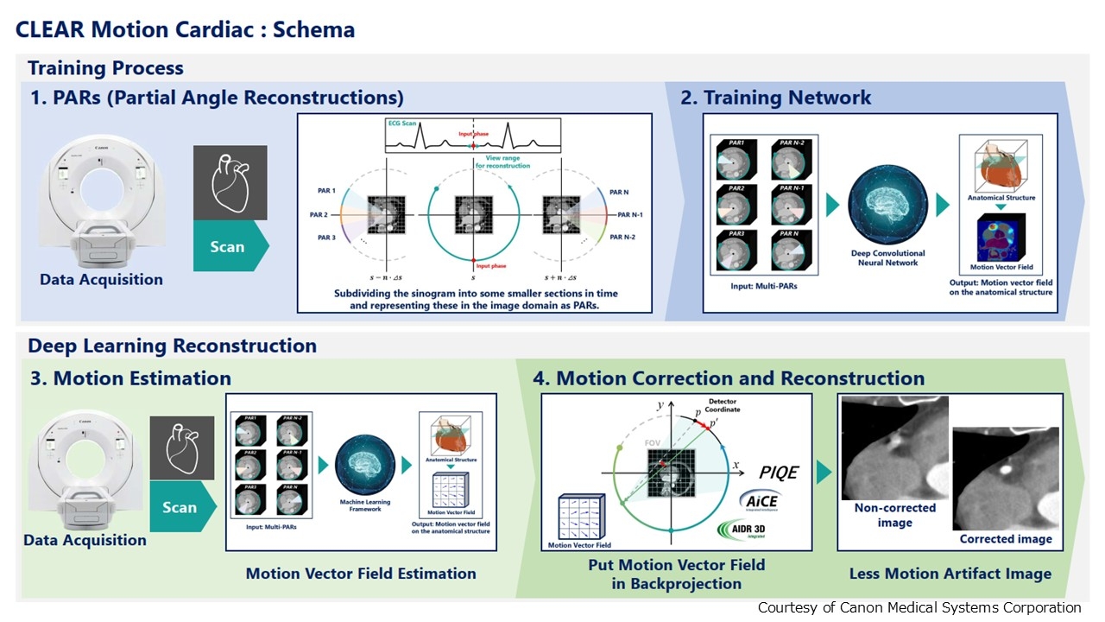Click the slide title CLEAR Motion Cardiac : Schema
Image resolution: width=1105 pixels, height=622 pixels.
click(x=185, y=29)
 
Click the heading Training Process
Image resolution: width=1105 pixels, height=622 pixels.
click(x=105, y=68)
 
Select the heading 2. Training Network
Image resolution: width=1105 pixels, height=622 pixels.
click(x=776, y=98)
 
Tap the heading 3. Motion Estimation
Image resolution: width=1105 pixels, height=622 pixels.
click(x=130, y=378)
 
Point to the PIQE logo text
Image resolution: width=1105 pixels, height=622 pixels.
click(x=779, y=473)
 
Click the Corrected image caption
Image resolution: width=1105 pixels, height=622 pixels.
click(x=1006, y=539)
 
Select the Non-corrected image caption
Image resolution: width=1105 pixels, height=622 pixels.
click(x=894, y=516)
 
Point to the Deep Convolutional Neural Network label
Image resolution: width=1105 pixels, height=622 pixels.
click(x=888, y=257)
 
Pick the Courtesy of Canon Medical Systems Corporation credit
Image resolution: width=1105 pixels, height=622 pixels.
click(x=919, y=607)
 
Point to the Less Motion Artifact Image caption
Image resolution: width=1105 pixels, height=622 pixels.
click(x=950, y=574)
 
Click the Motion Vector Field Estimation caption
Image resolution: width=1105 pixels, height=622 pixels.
click(x=361, y=574)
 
